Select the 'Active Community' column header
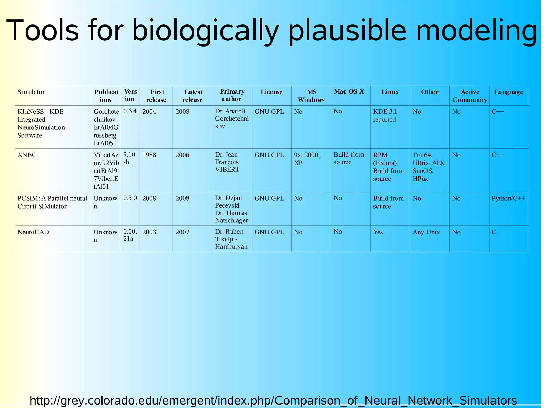click(x=470, y=96)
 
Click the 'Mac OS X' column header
click(x=349, y=92)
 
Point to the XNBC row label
click(x=27, y=155)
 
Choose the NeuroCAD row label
click(x=33, y=232)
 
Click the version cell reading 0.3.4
click(x=130, y=111)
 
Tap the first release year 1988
click(x=149, y=155)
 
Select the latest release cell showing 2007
click(x=182, y=232)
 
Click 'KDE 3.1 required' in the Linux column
click(x=385, y=115)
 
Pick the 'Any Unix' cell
click(x=426, y=232)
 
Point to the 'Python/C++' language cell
click(x=508, y=198)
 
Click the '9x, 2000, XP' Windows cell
click(x=307, y=159)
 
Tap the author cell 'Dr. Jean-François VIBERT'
click(x=227, y=162)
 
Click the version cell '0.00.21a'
click(x=130, y=235)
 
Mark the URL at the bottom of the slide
click(x=273, y=400)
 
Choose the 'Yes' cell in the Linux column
click(x=378, y=232)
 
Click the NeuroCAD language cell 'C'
click(x=494, y=232)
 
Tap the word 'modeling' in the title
click(x=477, y=31)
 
